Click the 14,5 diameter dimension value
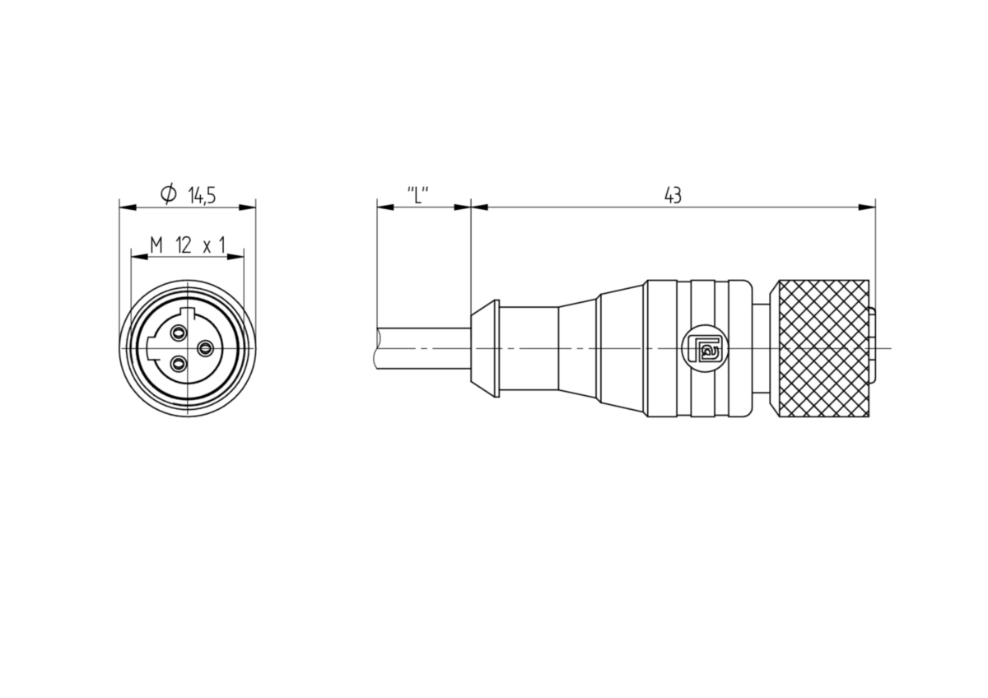(x=202, y=195)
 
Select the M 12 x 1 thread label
(x=188, y=245)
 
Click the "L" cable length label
(x=417, y=195)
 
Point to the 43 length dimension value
(x=673, y=195)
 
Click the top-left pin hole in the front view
(x=178, y=332)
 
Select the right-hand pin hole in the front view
(x=205, y=349)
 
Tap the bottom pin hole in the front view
(x=178, y=364)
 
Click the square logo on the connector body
(x=705, y=348)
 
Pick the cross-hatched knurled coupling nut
(x=819, y=348)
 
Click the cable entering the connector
(x=422, y=348)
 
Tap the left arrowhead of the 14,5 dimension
(x=128, y=207)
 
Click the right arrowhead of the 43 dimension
(x=867, y=207)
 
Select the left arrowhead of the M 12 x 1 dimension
(x=140, y=257)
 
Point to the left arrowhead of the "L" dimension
(x=385, y=207)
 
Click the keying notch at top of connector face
(x=189, y=313)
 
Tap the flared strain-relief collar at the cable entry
(x=485, y=348)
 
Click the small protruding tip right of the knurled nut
(x=873, y=348)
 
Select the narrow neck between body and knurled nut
(x=762, y=348)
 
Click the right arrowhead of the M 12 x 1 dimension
(x=235, y=257)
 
